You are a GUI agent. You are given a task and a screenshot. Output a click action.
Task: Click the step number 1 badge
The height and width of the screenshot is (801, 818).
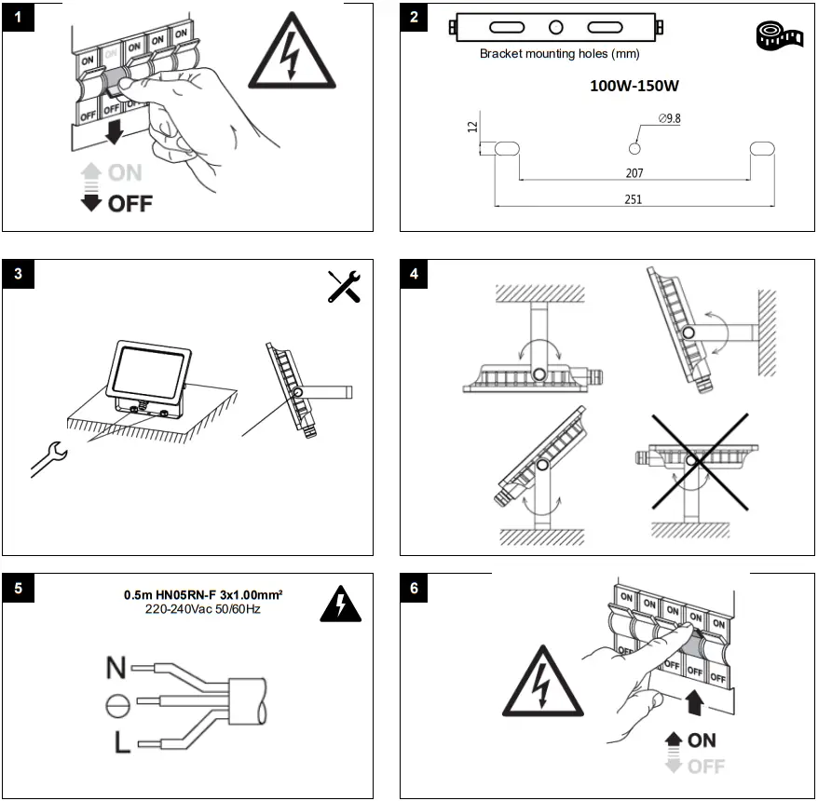[19, 20]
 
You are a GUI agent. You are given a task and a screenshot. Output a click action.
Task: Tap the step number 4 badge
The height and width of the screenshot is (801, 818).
[416, 276]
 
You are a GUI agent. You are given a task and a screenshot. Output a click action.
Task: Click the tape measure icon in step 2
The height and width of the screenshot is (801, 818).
[779, 35]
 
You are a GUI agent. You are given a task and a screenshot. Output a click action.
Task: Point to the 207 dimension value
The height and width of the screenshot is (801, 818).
[634, 173]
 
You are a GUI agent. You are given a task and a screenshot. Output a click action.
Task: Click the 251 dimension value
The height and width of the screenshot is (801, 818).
[634, 198]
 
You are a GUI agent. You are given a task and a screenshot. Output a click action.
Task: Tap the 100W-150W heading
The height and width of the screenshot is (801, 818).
[634, 86]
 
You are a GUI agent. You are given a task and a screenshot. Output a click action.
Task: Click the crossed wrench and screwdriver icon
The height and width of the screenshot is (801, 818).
[344, 286]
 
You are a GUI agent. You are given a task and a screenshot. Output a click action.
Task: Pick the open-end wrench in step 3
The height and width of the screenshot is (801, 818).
[48, 459]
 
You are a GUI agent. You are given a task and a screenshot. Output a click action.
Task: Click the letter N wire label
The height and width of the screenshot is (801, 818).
[116, 667]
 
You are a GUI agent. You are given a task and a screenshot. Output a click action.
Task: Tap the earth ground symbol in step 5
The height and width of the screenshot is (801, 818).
[117, 705]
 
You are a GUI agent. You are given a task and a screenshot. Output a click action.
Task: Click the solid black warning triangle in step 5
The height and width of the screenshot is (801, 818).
[340, 606]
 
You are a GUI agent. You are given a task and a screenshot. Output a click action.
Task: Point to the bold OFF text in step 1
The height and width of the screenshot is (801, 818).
[129, 203]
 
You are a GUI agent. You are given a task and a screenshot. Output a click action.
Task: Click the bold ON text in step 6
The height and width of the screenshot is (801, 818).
[702, 740]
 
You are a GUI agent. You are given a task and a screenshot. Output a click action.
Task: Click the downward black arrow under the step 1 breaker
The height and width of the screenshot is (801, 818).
[115, 133]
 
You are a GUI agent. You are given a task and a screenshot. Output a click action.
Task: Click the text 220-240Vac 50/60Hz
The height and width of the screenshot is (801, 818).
[203, 609]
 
